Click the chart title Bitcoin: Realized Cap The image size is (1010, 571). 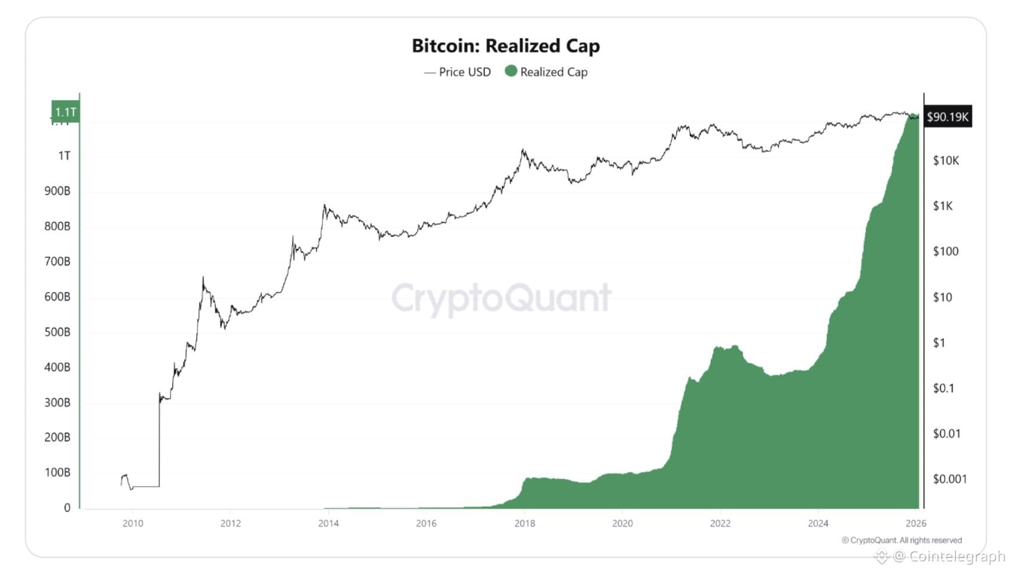[x=506, y=46]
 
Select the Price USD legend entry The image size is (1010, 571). [x=458, y=72]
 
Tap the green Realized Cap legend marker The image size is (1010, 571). [x=510, y=71]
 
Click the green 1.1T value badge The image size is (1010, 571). [x=65, y=112]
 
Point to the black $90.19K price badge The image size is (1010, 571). [x=947, y=117]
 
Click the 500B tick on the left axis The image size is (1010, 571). [x=57, y=332]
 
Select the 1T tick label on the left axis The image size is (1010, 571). [x=64, y=156]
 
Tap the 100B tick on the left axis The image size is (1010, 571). [x=57, y=473]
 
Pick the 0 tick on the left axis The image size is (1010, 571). [x=67, y=508]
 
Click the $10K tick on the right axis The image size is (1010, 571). [x=946, y=160]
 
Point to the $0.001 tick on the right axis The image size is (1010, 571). [x=950, y=479]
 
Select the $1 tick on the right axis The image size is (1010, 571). [x=939, y=343]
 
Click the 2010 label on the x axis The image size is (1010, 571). [x=133, y=524]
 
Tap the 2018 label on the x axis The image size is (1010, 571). [x=524, y=524]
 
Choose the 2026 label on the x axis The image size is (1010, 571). [x=915, y=524]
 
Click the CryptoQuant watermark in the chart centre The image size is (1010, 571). [x=501, y=298]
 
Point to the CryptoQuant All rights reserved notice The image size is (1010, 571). [x=902, y=540]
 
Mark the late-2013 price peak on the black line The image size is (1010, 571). [x=324, y=206]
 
